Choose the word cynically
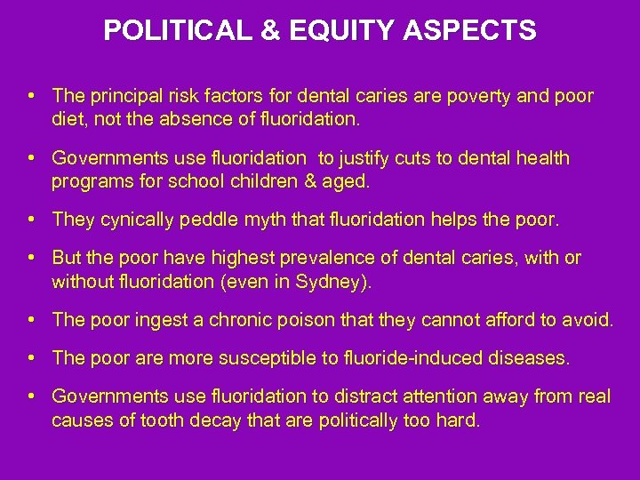click(128, 219)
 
